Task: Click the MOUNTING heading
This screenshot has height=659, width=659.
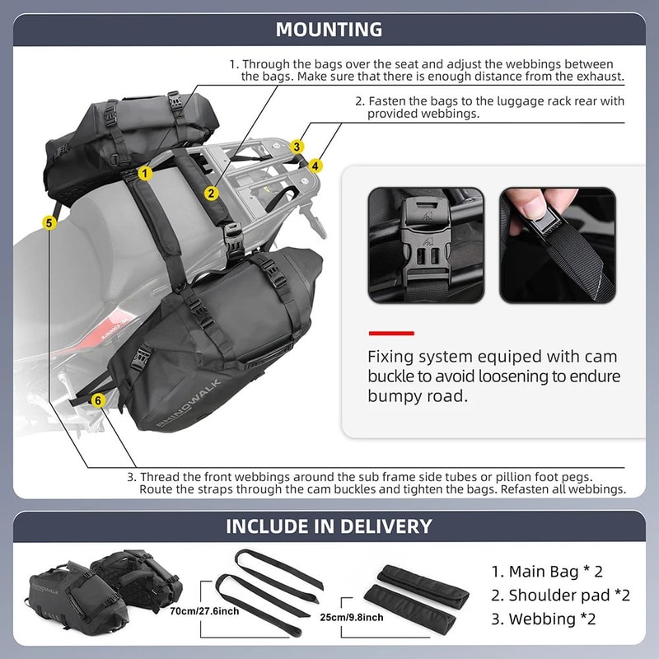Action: (329, 30)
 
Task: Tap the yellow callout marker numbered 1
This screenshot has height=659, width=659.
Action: (145, 173)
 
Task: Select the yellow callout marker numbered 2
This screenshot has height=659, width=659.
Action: (212, 194)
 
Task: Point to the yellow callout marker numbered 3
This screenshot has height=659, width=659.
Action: (297, 147)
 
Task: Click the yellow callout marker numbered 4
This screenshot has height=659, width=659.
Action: (317, 165)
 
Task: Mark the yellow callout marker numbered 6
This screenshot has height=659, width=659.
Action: (99, 400)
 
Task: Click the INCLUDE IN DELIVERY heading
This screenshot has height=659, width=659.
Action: (329, 526)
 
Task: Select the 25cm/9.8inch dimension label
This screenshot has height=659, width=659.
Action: (351, 617)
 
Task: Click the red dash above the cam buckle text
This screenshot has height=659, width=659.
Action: (390, 333)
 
